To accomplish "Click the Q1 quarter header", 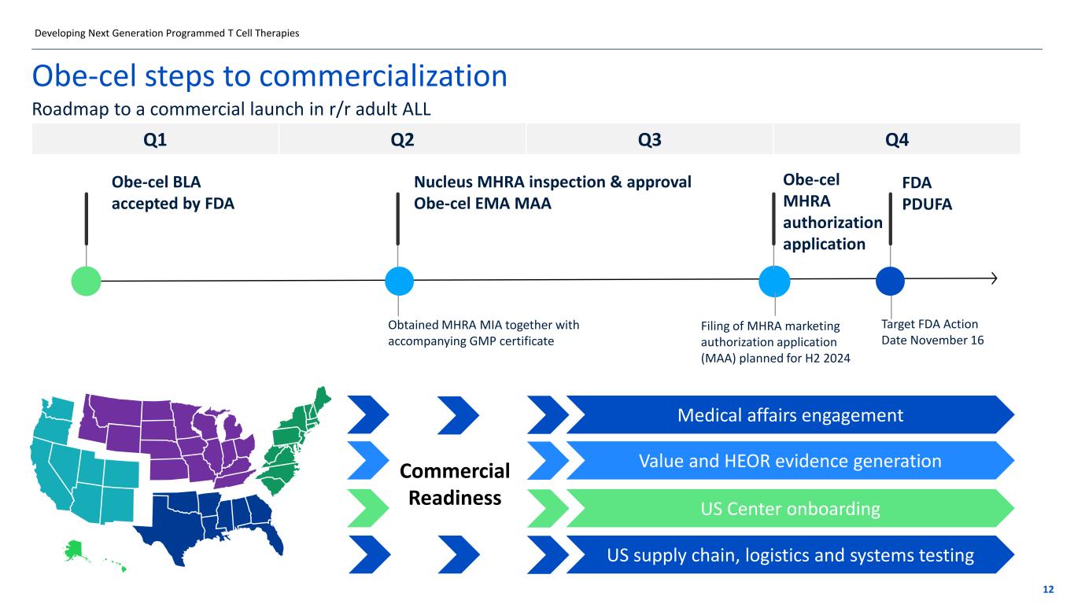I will (x=155, y=139).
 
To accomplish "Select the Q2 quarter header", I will (x=402, y=139).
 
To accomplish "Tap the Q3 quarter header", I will (x=649, y=139).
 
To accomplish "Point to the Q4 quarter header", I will (x=897, y=139).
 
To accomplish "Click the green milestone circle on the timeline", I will (x=86, y=281).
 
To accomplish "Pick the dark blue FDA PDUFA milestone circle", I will (x=890, y=281).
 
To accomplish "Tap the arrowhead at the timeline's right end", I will (x=995, y=278).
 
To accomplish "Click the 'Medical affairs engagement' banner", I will (x=790, y=414).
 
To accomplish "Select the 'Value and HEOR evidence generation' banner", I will (x=790, y=461).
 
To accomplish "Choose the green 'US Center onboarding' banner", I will (x=790, y=509).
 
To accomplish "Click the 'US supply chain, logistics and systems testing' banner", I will (x=790, y=556).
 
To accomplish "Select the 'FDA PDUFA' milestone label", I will (x=927, y=193).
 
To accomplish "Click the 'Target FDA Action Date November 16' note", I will (x=932, y=332).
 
